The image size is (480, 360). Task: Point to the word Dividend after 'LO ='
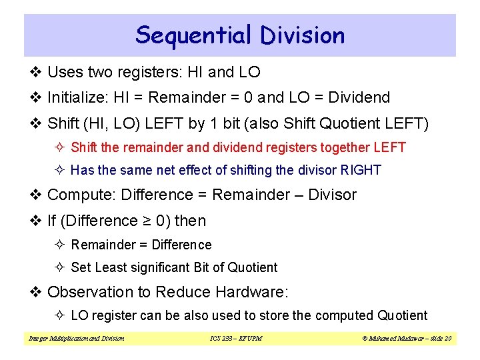point(358,98)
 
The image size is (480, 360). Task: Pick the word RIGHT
point(361,170)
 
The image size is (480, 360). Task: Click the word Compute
point(79,195)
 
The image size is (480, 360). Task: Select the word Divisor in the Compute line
point(331,195)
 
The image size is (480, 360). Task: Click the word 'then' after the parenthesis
point(191,221)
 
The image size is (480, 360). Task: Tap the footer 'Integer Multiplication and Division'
point(76,339)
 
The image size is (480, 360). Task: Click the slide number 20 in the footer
point(448,339)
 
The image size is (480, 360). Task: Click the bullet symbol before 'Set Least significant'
point(61,267)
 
